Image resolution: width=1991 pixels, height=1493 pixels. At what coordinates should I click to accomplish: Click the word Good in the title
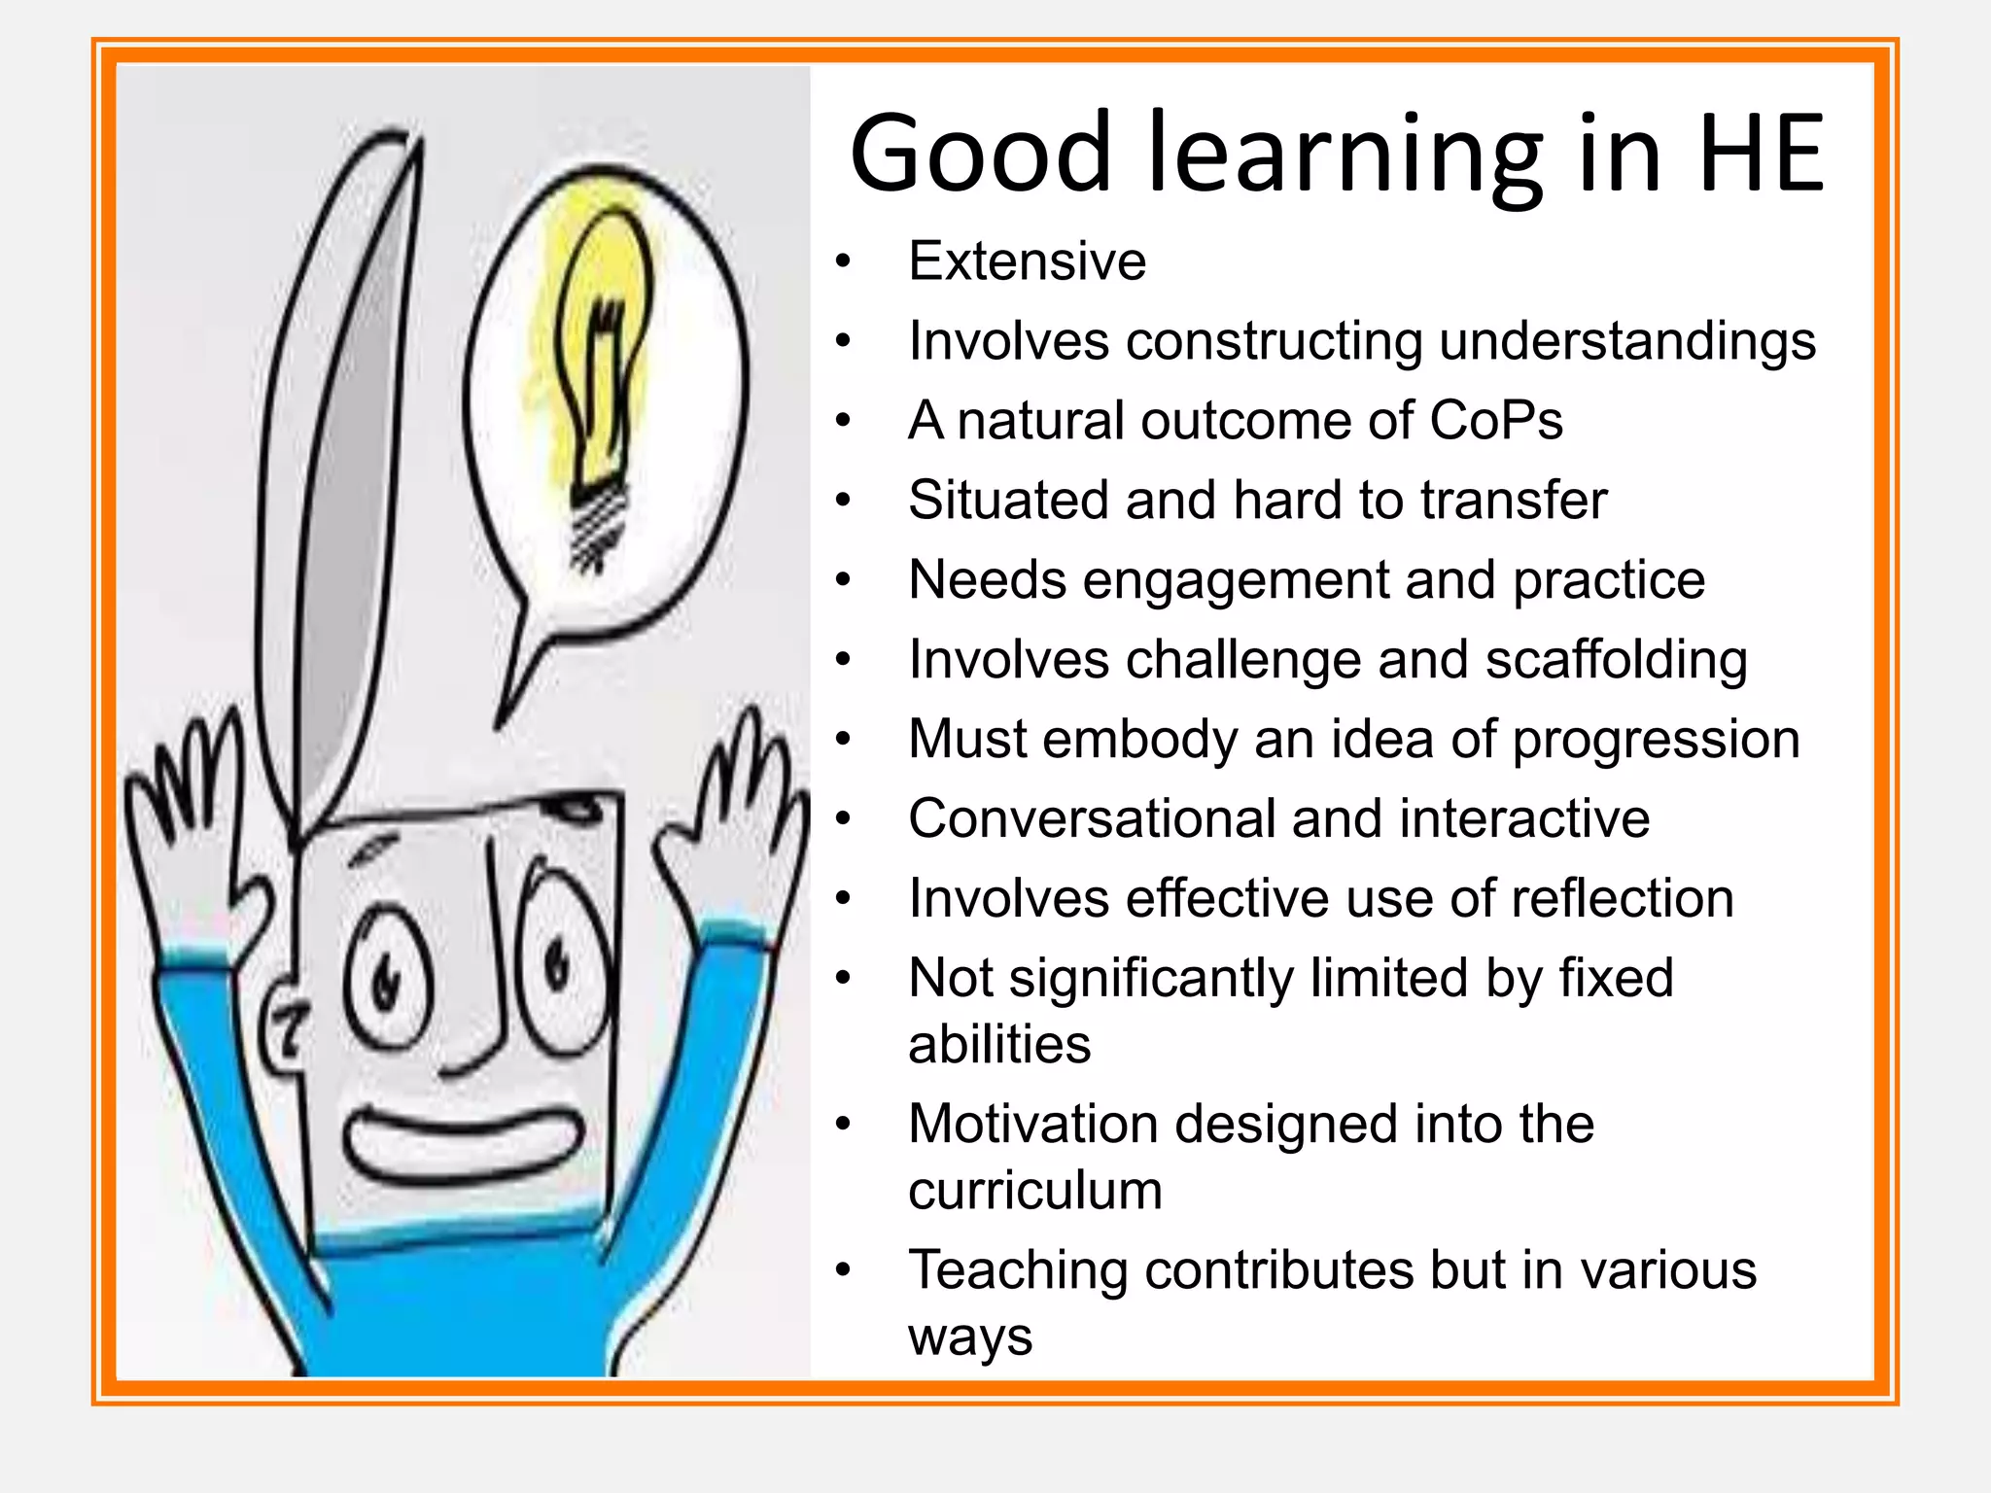click(980, 154)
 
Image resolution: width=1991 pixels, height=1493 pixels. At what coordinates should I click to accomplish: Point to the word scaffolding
click(1616, 659)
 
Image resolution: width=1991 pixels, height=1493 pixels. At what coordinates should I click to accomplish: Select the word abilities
click(999, 1044)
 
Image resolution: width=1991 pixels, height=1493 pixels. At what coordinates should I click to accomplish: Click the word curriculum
click(1035, 1190)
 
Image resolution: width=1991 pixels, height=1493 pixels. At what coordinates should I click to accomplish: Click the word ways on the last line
click(970, 1337)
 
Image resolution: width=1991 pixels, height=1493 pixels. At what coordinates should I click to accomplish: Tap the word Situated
click(1008, 500)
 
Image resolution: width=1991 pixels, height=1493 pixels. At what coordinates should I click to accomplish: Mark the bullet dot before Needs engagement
click(843, 580)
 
